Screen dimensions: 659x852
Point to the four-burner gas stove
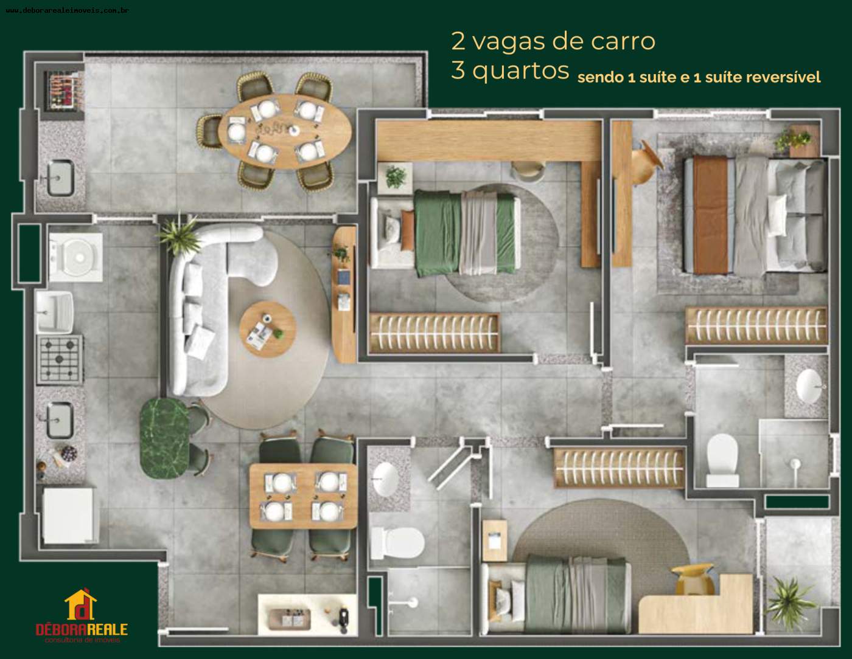[60, 359]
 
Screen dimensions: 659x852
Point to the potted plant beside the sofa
[179, 234]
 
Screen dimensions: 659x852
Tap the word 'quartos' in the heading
[520, 70]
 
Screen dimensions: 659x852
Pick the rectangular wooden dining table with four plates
[302, 495]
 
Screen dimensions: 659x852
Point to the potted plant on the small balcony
[789, 595]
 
